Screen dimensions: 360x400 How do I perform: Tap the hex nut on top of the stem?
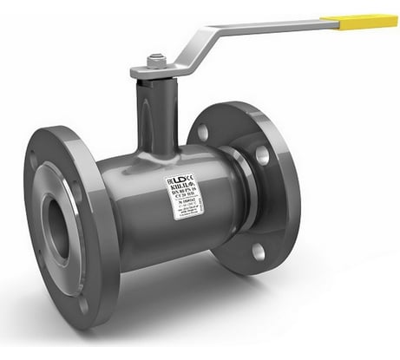coord(155,62)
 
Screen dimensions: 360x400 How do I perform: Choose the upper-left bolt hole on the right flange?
coord(203,133)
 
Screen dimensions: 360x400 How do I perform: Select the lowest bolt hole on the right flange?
coord(258,252)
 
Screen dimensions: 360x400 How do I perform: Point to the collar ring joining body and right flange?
coord(244,196)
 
